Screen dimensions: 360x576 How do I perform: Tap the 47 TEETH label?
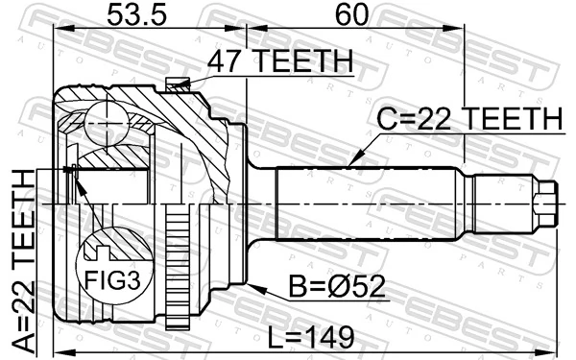click(x=279, y=62)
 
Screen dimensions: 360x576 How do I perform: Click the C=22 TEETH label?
click(x=468, y=119)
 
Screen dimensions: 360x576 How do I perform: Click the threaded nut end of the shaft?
click(x=545, y=204)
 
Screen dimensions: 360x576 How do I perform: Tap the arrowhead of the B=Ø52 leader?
click(x=252, y=284)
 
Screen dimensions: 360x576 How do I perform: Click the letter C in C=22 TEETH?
click(x=384, y=119)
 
